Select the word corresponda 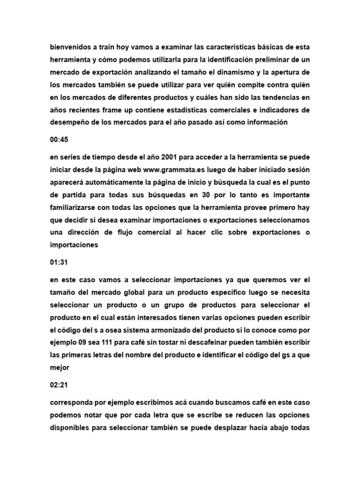pyautogui.click(x=71, y=403)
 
